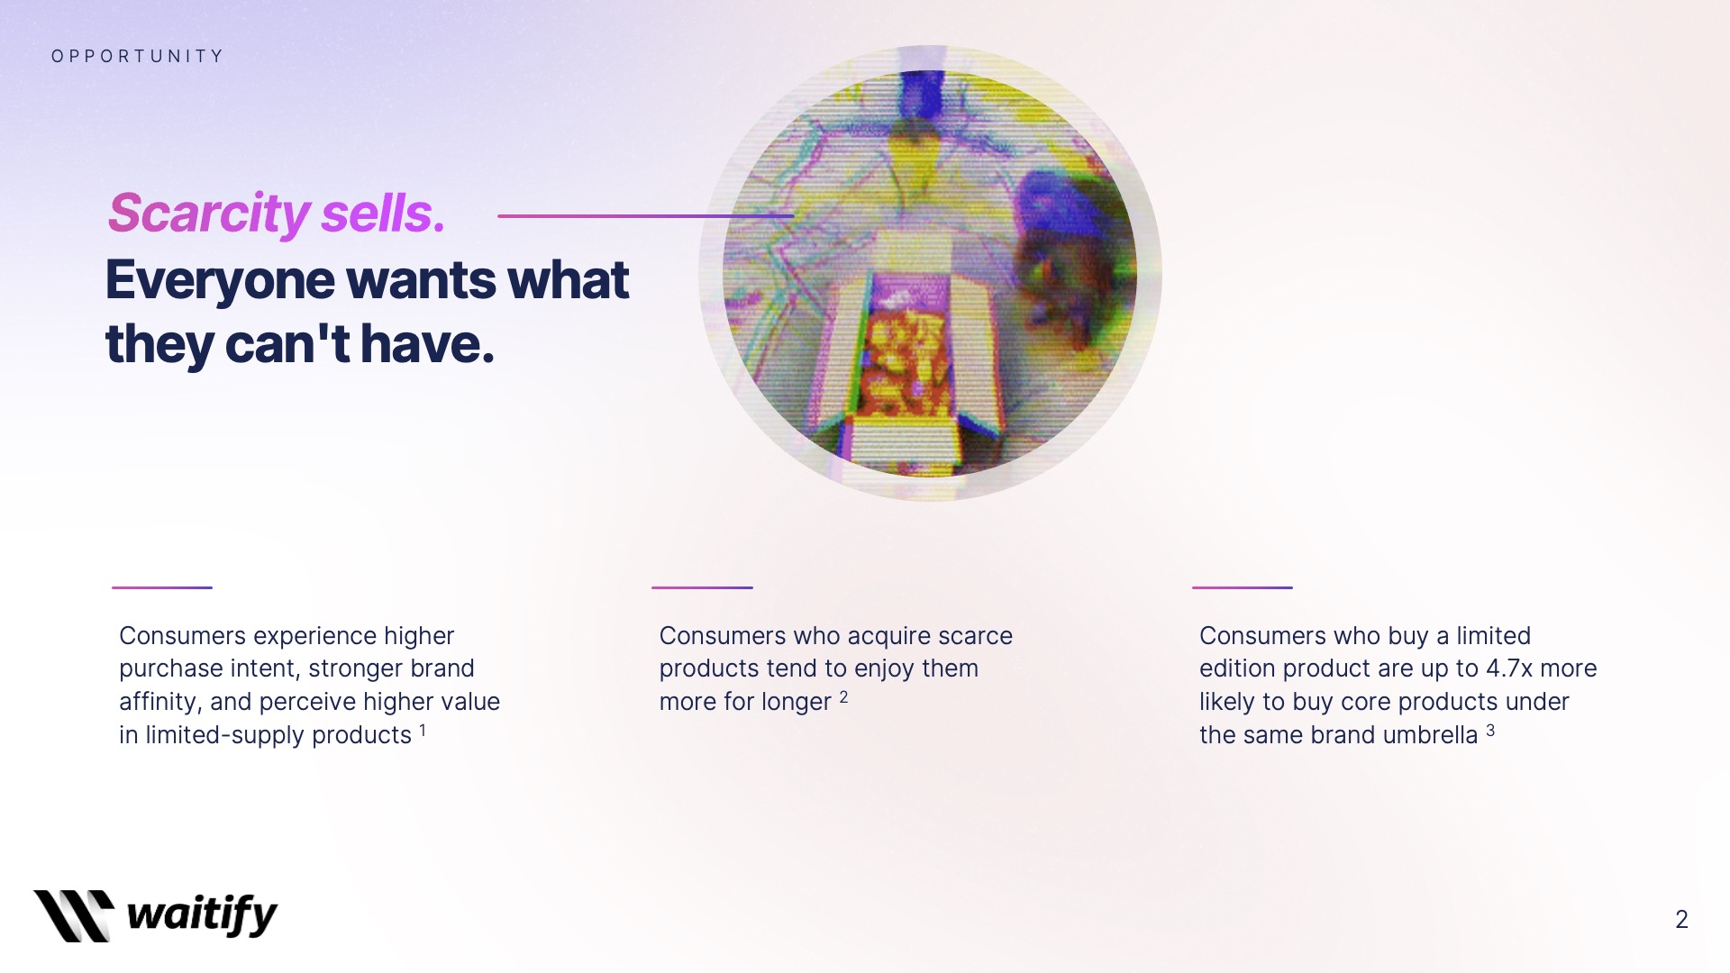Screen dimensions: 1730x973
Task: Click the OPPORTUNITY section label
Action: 137,56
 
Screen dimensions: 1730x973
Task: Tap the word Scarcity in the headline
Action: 208,214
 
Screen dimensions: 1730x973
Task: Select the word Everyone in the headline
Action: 220,281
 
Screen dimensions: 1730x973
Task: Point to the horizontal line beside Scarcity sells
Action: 645,216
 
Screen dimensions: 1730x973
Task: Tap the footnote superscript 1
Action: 423,730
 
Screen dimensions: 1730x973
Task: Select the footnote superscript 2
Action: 843,696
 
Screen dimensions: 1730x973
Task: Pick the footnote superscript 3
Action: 1490,730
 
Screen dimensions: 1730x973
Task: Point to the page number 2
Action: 1681,919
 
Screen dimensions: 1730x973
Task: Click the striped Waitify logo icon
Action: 74,915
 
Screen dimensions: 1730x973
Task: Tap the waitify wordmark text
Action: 202,915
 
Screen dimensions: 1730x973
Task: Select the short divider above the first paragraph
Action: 162,587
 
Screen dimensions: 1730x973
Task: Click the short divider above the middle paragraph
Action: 702,587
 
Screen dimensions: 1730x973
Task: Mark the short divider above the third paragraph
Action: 1243,587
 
